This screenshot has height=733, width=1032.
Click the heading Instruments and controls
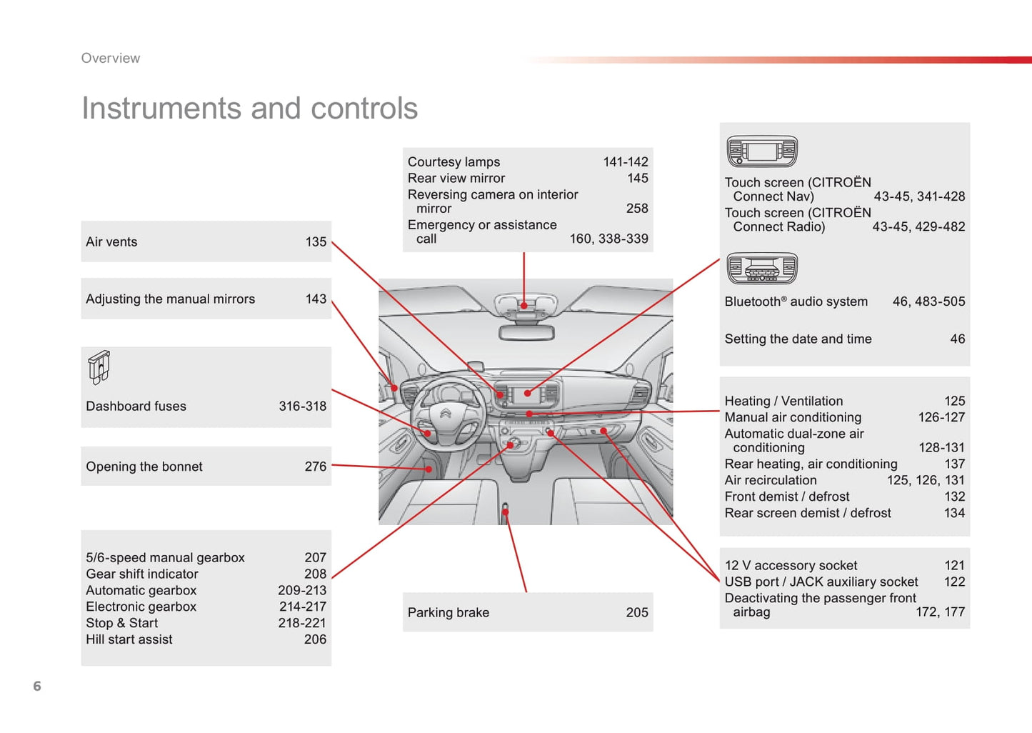[249, 109]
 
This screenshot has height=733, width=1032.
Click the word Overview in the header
[111, 59]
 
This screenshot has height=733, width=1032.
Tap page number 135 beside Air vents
[316, 242]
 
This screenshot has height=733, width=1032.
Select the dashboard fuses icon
[99, 367]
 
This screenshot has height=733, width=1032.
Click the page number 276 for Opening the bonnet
[316, 467]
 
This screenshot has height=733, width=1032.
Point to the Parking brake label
[449, 612]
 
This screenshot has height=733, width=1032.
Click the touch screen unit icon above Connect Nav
[761, 151]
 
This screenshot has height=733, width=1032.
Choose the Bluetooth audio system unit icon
[761, 269]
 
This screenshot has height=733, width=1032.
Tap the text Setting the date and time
[798, 339]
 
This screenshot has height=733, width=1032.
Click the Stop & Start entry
[122, 623]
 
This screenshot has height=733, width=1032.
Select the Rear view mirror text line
[456, 179]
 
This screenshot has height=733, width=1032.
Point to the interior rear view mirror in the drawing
[527, 332]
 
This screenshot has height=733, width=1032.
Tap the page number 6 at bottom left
[37, 686]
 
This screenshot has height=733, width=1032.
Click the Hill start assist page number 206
[315, 639]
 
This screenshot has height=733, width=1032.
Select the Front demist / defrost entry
[787, 497]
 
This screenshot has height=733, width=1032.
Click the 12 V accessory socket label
[791, 566]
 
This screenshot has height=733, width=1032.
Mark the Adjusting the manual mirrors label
[170, 299]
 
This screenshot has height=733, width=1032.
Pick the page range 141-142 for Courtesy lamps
[626, 162]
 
